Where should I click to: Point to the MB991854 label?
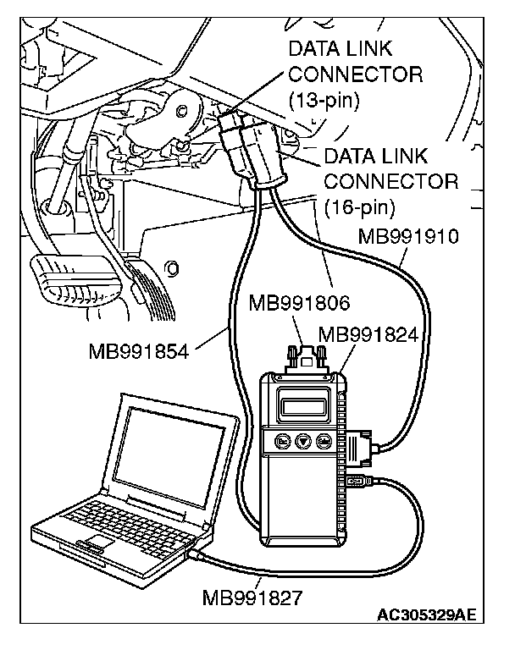click(138, 350)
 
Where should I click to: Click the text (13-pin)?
click(324, 101)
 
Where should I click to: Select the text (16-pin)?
click(359, 207)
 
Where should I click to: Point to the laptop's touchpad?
click(101, 540)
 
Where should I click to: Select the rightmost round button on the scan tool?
click(322, 440)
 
